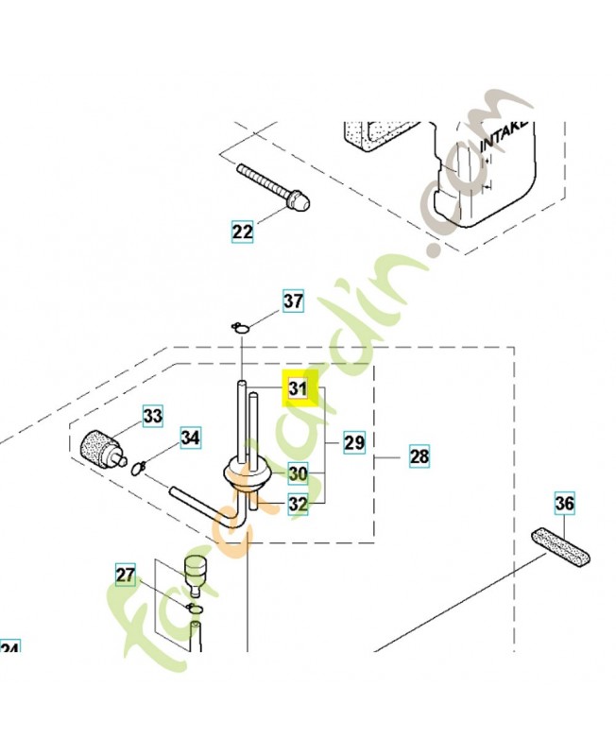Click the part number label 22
pos(243,231)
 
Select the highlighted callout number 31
pos(299,388)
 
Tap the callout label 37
pos(294,301)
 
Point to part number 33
pos(153,415)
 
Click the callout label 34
pos(191,438)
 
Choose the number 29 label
pos(354,441)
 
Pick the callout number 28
pos(419,457)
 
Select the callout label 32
pos(299,505)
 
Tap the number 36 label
pos(564,504)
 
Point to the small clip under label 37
pos(241,327)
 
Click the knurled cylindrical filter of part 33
pos(98,443)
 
